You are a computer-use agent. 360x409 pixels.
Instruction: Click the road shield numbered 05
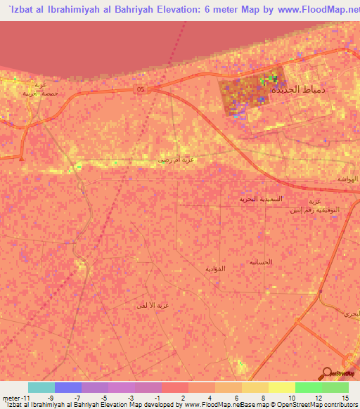point(141,89)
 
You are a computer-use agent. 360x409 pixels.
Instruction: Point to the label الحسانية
point(261,261)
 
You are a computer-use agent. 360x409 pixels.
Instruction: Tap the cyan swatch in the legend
point(41,387)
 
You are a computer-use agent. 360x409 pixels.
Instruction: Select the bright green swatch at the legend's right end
point(335,387)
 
